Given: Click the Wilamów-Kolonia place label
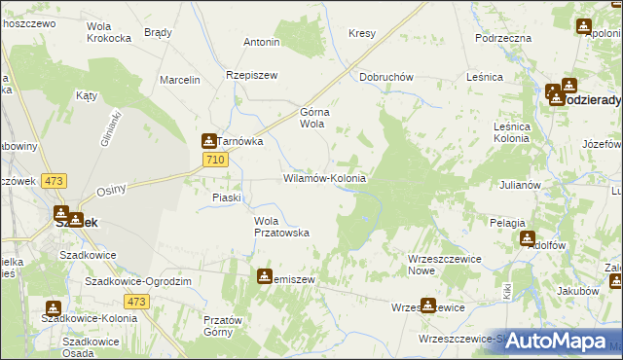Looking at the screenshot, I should click(x=324, y=179).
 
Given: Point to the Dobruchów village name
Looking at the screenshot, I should click(x=387, y=77).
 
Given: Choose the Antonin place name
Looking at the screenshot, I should click(x=262, y=42).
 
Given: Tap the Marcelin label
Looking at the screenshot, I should click(x=180, y=80).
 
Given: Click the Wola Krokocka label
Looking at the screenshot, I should click(x=109, y=32).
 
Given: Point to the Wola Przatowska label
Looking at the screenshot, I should click(x=281, y=227).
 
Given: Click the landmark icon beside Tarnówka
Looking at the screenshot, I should click(x=208, y=141).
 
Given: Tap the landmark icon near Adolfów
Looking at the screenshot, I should click(x=528, y=236).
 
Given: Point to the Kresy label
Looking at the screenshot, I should click(x=362, y=33).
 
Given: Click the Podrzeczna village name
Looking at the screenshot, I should click(x=503, y=37).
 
